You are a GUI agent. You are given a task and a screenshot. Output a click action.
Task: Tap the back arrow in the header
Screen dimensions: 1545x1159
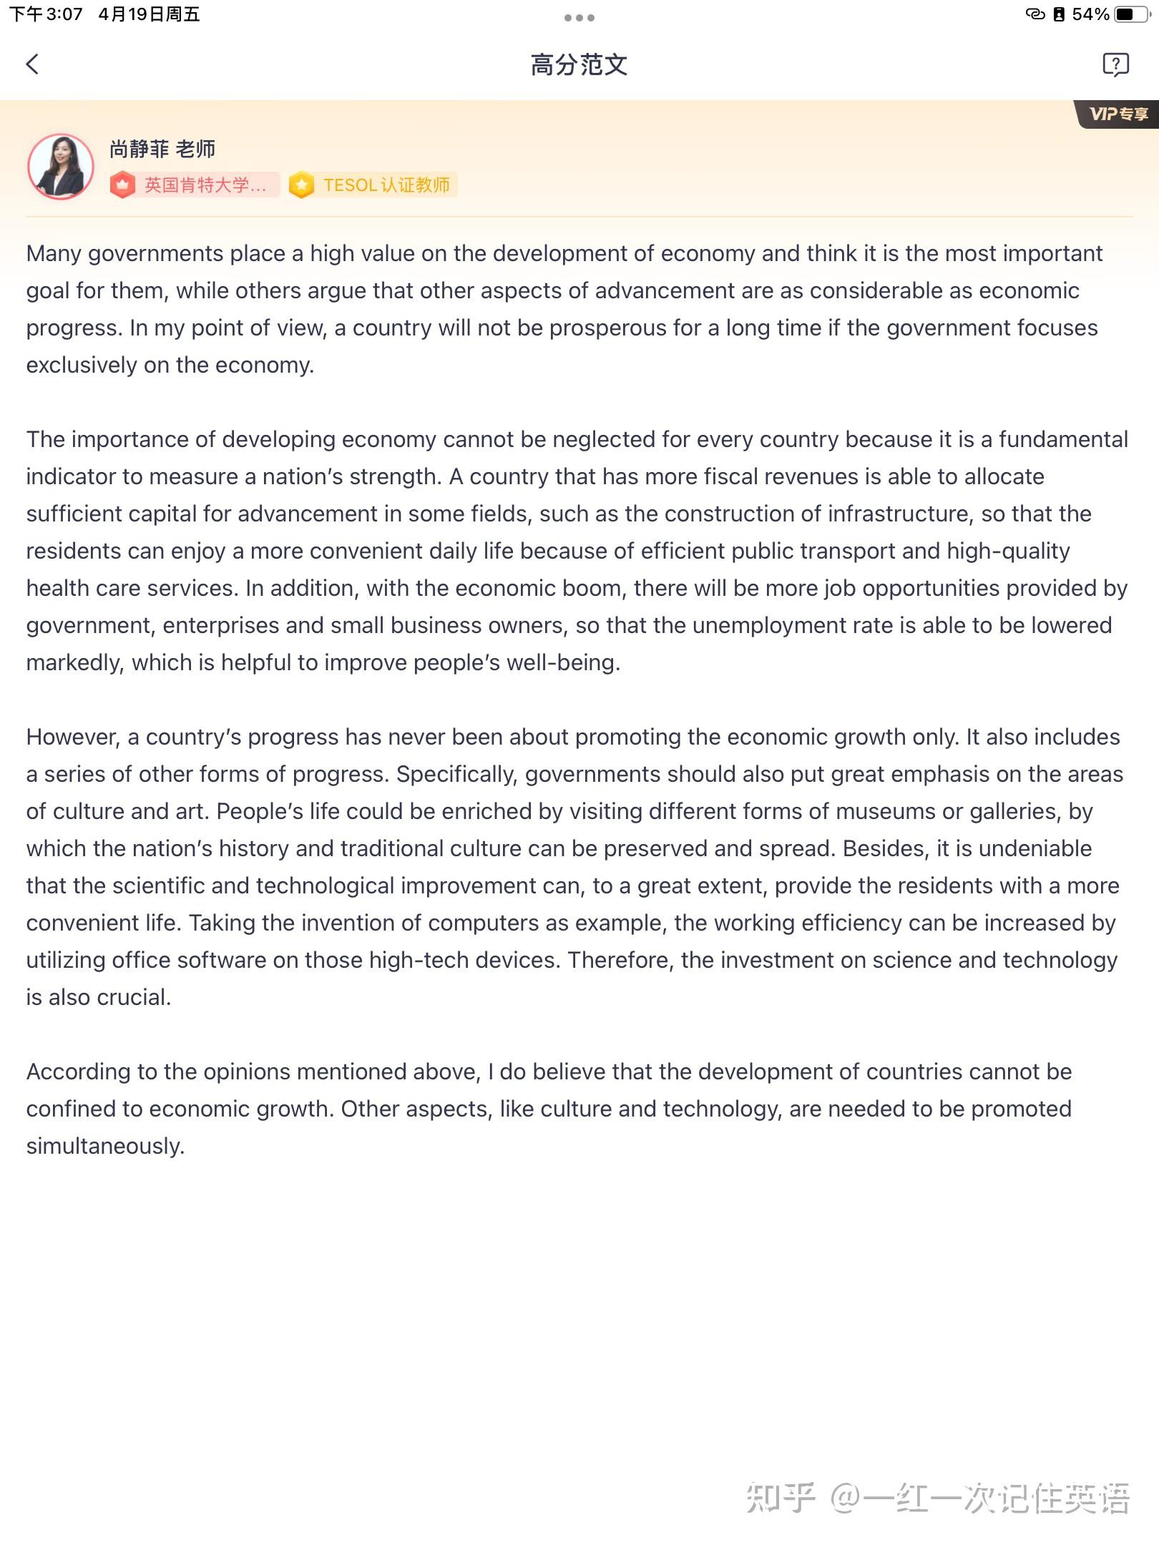32,64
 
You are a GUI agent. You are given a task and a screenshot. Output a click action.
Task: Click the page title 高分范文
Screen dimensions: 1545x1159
579,65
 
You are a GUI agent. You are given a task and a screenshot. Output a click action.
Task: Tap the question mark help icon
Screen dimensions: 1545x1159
1115,64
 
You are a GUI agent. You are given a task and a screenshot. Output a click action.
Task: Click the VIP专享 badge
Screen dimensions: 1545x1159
1118,114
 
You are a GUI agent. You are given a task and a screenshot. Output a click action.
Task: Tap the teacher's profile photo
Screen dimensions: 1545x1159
61,167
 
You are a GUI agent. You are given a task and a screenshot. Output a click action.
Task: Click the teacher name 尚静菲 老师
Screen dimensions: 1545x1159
162,149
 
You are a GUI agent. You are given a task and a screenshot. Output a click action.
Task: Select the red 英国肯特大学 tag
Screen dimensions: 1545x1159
195,185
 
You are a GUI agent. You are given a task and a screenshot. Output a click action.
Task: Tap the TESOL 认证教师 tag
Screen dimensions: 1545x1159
373,185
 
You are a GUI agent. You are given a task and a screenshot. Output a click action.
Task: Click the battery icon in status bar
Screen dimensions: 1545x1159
1133,14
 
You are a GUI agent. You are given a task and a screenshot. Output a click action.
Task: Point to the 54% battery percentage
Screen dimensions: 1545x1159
1090,14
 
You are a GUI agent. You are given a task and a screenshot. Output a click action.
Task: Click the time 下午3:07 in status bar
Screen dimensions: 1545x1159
47,14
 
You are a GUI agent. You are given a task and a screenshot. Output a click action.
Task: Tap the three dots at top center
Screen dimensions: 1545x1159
579,17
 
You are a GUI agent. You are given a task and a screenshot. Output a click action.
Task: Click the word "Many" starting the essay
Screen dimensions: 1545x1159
54,254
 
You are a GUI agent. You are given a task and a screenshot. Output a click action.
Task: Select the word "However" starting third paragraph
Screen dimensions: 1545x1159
72,737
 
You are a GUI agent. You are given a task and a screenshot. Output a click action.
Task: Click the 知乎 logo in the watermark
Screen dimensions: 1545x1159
780,1497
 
